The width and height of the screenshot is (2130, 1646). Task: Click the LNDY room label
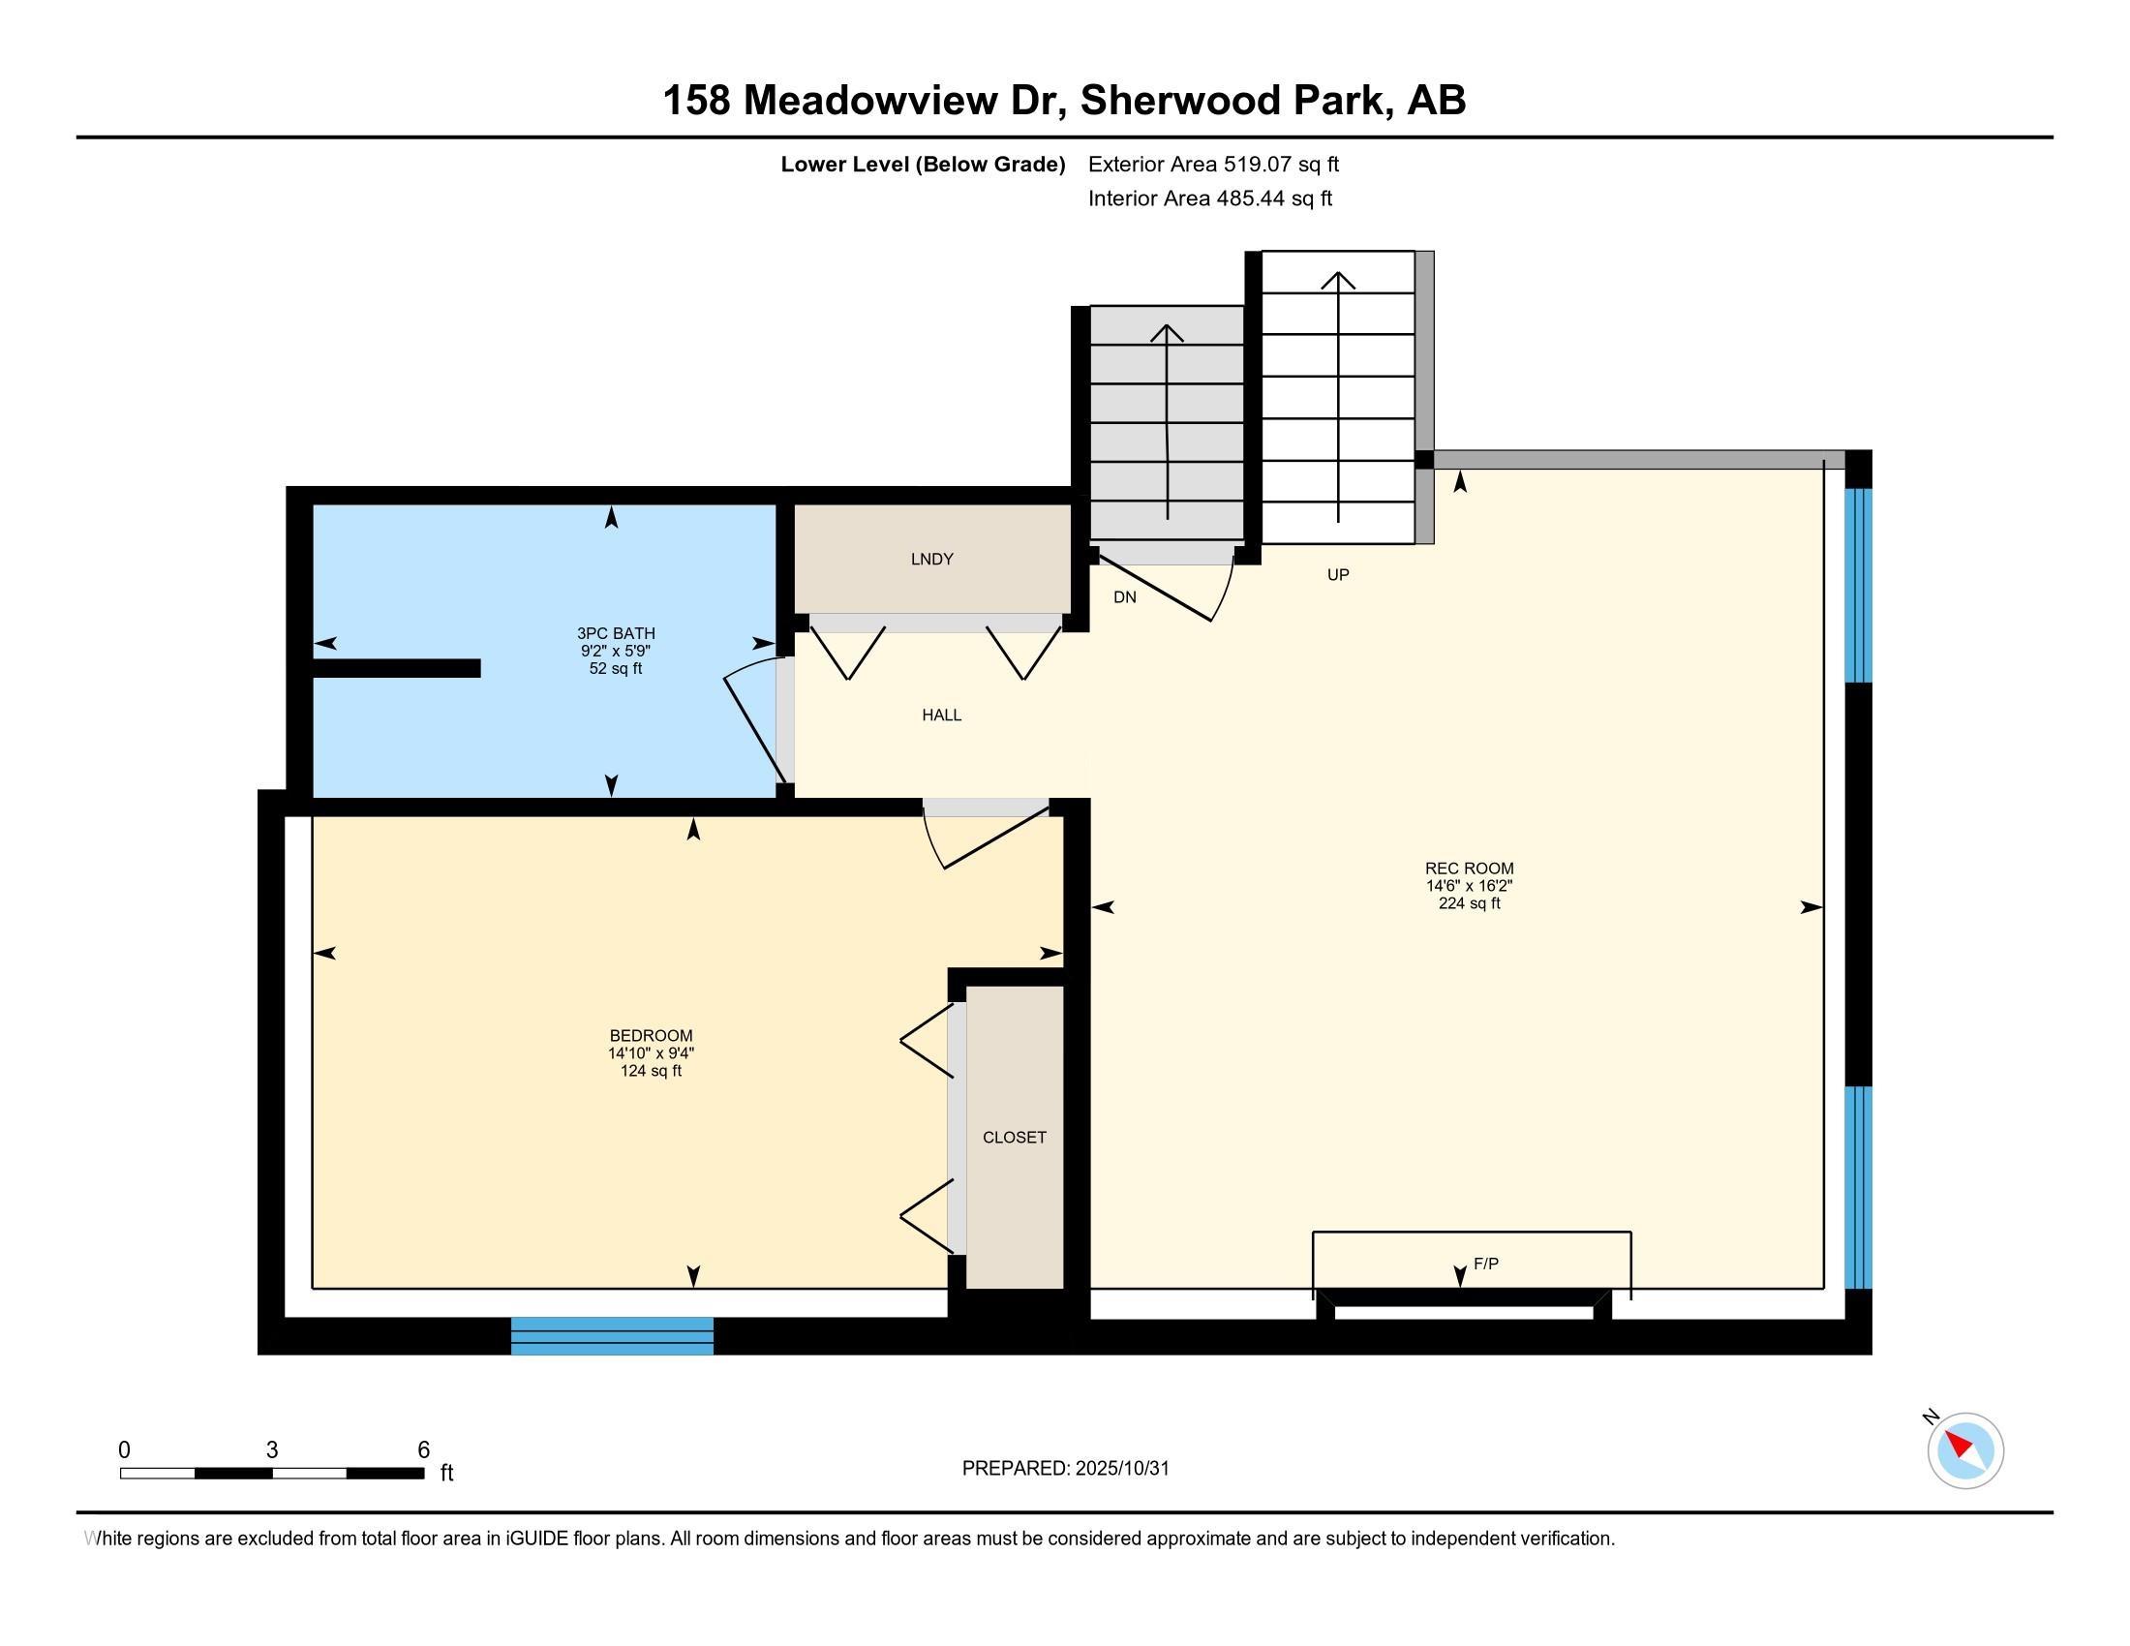(x=931, y=559)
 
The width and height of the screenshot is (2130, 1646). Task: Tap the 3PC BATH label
(x=616, y=633)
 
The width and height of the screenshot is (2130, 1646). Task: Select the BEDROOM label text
(x=651, y=1036)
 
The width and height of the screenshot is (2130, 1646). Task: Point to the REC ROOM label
(x=1469, y=868)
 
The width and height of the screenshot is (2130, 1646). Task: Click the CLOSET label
(x=1015, y=1137)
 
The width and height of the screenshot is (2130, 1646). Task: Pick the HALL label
(x=941, y=715)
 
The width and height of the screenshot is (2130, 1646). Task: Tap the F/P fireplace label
(x=1485, y=1264)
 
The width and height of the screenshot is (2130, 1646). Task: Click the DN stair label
(x=1124, y=596)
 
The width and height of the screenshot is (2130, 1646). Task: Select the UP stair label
(x=1338, y=574)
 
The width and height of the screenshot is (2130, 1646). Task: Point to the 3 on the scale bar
(x=272, y=1450)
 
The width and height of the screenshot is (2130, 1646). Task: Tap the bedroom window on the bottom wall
(x=613, y=1336)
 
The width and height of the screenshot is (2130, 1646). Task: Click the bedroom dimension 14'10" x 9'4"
(x=651, y=1053)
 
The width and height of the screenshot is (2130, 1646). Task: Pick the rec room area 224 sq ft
(x=1469, y=904)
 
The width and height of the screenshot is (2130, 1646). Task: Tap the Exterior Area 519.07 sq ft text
(x=1213, y=164)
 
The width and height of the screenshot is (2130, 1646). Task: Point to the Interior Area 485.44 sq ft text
(x=1209, y=198)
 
